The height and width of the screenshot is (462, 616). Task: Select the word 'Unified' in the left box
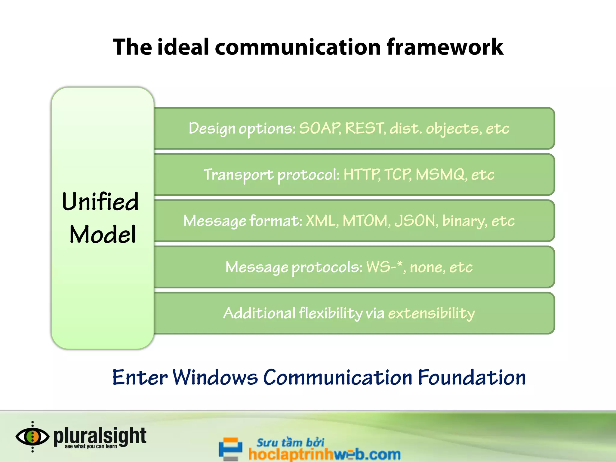pyautogui.click(x=100, y=202)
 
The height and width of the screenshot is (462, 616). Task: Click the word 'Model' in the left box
pyautogui.click(x=103, y=234)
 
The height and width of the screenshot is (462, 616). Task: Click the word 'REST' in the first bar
pyautogui.click(x=365, y=128)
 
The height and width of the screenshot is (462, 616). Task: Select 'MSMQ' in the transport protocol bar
pyautogui.click(x=440, y=174)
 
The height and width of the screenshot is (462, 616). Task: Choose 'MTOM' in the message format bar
pyautogui.click(x=365, y=221)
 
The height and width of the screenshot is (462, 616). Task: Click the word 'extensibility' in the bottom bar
pyautogui.click(x=431, y=313)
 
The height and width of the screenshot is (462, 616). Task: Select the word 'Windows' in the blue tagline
pyautogui.click(x=215, y=377)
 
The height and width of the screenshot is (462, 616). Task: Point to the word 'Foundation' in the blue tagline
pyautogui.click(x=472, y=377)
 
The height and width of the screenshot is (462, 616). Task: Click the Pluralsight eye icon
pyautogui.click(x=32, y=437)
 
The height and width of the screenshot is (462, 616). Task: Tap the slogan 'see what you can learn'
pyautogui.click(x=91, y=446)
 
